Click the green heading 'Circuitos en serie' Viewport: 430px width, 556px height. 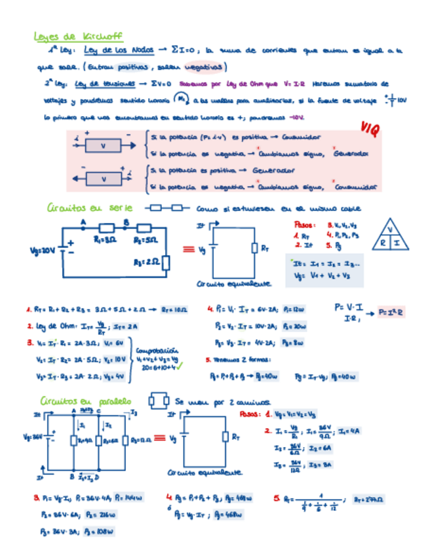point(90,208)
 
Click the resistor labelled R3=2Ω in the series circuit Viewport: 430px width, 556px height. point(165,262)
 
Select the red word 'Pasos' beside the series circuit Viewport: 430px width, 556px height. point(305,225)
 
